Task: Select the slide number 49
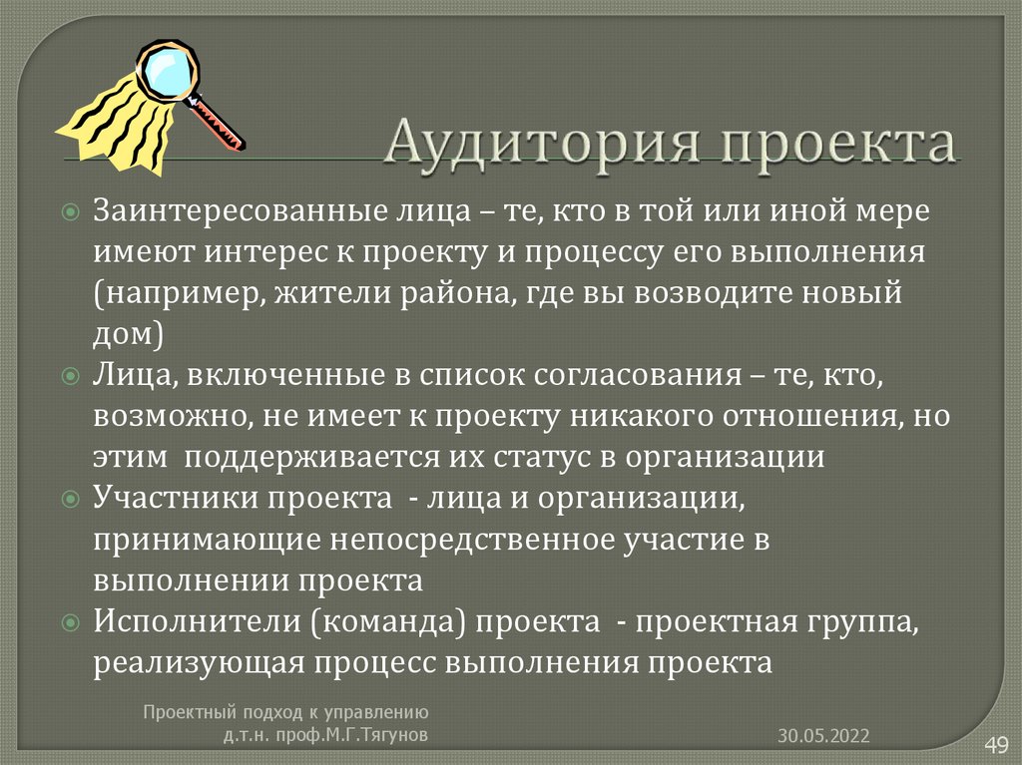(x=996, y=743)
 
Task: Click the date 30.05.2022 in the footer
(x=824, y=736)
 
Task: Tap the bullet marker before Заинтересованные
(x=70, y=212)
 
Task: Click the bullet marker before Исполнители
(x=70, y=622)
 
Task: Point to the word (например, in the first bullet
(x=165, y=294)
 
